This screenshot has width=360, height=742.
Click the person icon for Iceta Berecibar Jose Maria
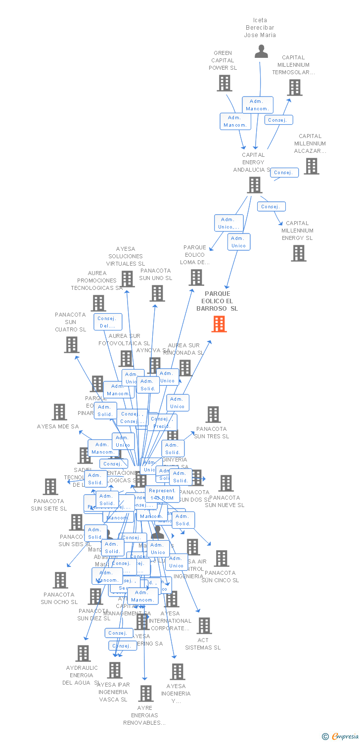click(x=261, y=51)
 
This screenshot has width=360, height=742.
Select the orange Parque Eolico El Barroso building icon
click(x=219, y=324)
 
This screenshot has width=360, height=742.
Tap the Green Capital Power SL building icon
click(x=225, y=83)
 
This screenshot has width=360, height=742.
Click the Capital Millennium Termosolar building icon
click(x=295, y=88)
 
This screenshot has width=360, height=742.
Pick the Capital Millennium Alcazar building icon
click(x=311, y=166)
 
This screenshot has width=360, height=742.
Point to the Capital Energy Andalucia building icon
click(x=254, y=185)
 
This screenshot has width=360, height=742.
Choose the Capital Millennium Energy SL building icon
click(x=298, y=253)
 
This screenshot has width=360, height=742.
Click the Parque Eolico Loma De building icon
click(x=196, y=278)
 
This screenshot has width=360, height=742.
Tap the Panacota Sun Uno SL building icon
click(x=157, y=293)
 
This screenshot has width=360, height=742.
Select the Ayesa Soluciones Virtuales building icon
click(x=128, y=279)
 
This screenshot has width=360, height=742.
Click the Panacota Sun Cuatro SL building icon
click(x=72, y=345)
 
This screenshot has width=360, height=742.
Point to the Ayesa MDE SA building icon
click(x=59, y=412)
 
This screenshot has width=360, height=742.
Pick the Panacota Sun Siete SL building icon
click(x=50, y=487)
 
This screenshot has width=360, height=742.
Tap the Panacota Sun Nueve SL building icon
click(x=225, y=483)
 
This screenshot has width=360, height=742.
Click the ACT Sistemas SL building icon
click(x=204, y=626)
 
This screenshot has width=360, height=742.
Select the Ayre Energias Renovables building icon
click(x=145, y=694)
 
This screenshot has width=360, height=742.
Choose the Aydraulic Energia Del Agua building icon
click(x=83, y=653)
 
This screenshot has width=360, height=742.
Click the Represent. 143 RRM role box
click(x=162, y=494)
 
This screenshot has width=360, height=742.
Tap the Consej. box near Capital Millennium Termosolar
click(x=279, y=120)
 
